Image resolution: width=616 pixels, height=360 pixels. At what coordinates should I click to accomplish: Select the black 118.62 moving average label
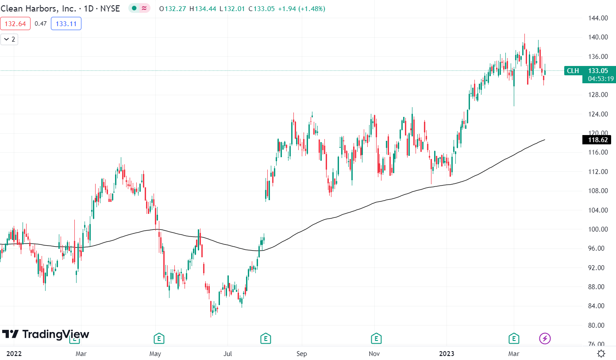[597, 140]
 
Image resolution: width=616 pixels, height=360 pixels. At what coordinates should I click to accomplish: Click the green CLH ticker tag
[573, 70]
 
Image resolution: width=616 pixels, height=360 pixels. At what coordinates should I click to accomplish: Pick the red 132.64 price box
[15, 23]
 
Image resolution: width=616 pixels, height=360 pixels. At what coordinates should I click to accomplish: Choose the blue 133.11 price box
[66, 23]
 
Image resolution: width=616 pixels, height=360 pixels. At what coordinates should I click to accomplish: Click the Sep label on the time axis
[301, 354]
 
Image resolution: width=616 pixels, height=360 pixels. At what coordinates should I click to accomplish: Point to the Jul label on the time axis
[227, 354]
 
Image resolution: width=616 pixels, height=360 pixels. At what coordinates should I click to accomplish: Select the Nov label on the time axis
[374, 354]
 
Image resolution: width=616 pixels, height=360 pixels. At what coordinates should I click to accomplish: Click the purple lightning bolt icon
[545, 339]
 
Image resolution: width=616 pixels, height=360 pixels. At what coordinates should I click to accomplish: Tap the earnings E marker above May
[159, 339]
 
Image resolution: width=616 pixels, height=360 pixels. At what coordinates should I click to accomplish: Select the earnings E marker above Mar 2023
[514, 339]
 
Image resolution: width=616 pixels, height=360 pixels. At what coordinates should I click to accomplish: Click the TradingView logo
[46, 334]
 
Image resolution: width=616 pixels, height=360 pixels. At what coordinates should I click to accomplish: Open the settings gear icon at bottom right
[601, 353]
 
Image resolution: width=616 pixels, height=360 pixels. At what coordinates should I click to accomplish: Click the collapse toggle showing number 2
[9, 39]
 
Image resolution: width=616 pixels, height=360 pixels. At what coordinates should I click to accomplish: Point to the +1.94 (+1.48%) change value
[301, 8]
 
